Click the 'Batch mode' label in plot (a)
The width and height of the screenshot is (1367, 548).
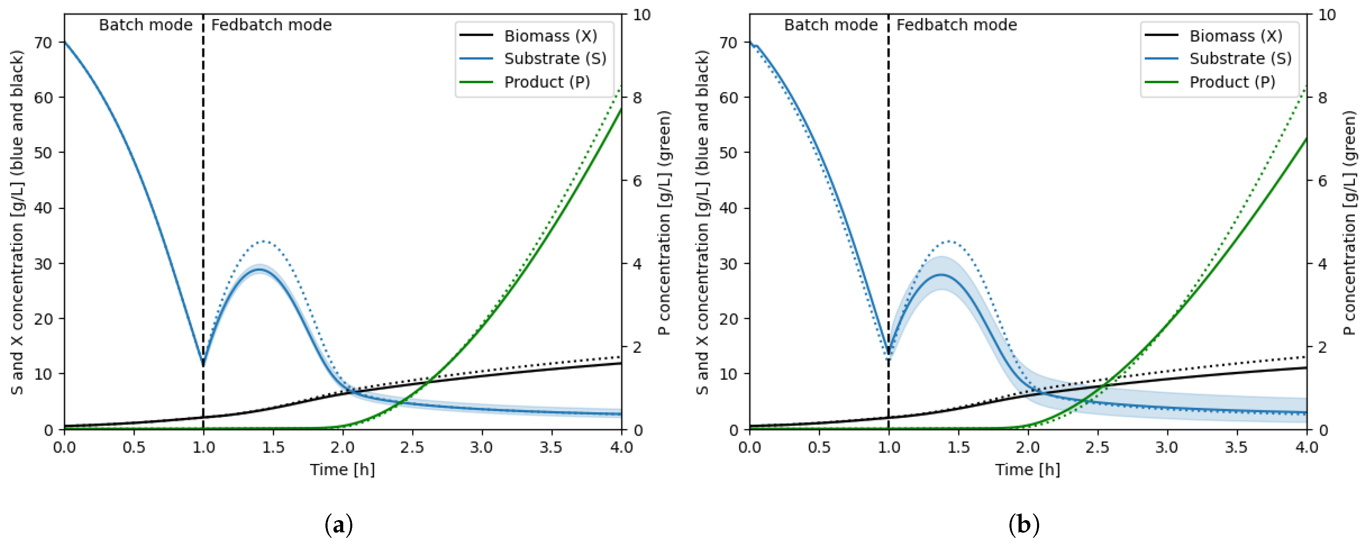click(x=145, y=25)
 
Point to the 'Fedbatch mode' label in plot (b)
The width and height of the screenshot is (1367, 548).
click(x=956, y=25)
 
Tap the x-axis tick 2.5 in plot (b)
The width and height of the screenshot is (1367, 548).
click(x=1097, y=447)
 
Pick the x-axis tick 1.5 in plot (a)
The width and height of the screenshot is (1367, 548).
click(x=273, y=447)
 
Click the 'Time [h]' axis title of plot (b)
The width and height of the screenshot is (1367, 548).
click(x=1027, y=470)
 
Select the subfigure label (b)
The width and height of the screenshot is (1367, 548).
click(x=1024, y=525)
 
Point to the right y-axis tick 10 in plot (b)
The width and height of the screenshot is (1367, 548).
click(x=1326, y=15)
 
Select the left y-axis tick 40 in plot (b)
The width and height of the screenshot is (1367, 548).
click(x=729, y=208)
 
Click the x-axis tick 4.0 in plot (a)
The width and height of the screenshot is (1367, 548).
click(x=621, y=447)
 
